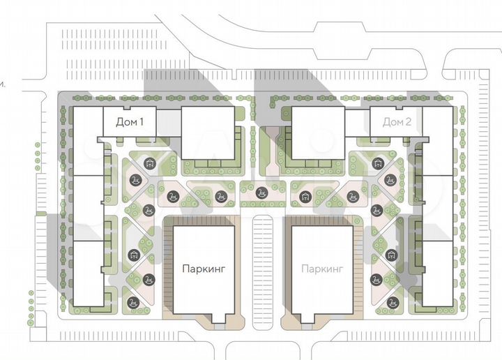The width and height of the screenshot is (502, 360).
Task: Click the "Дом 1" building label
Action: point(130,123)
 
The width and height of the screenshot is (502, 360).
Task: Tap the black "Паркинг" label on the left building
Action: point(205,267)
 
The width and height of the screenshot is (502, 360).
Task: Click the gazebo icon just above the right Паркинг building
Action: point(305,195)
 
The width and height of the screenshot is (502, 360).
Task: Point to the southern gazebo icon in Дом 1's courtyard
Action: point(133,255)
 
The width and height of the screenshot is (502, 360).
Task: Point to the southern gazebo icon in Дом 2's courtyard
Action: point(392,255)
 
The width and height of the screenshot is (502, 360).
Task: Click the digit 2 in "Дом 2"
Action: point(409,123)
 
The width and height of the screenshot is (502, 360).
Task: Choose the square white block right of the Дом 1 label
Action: point(207,132)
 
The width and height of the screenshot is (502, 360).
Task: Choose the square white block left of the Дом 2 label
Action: point(317,132)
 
